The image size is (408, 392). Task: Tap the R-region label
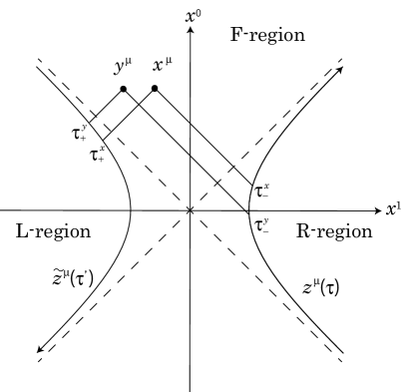[334, 231]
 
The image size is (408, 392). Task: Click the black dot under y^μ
[123, 90]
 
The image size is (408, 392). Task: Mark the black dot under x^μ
[155, 90]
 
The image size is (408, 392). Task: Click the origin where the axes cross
[190, 210]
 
